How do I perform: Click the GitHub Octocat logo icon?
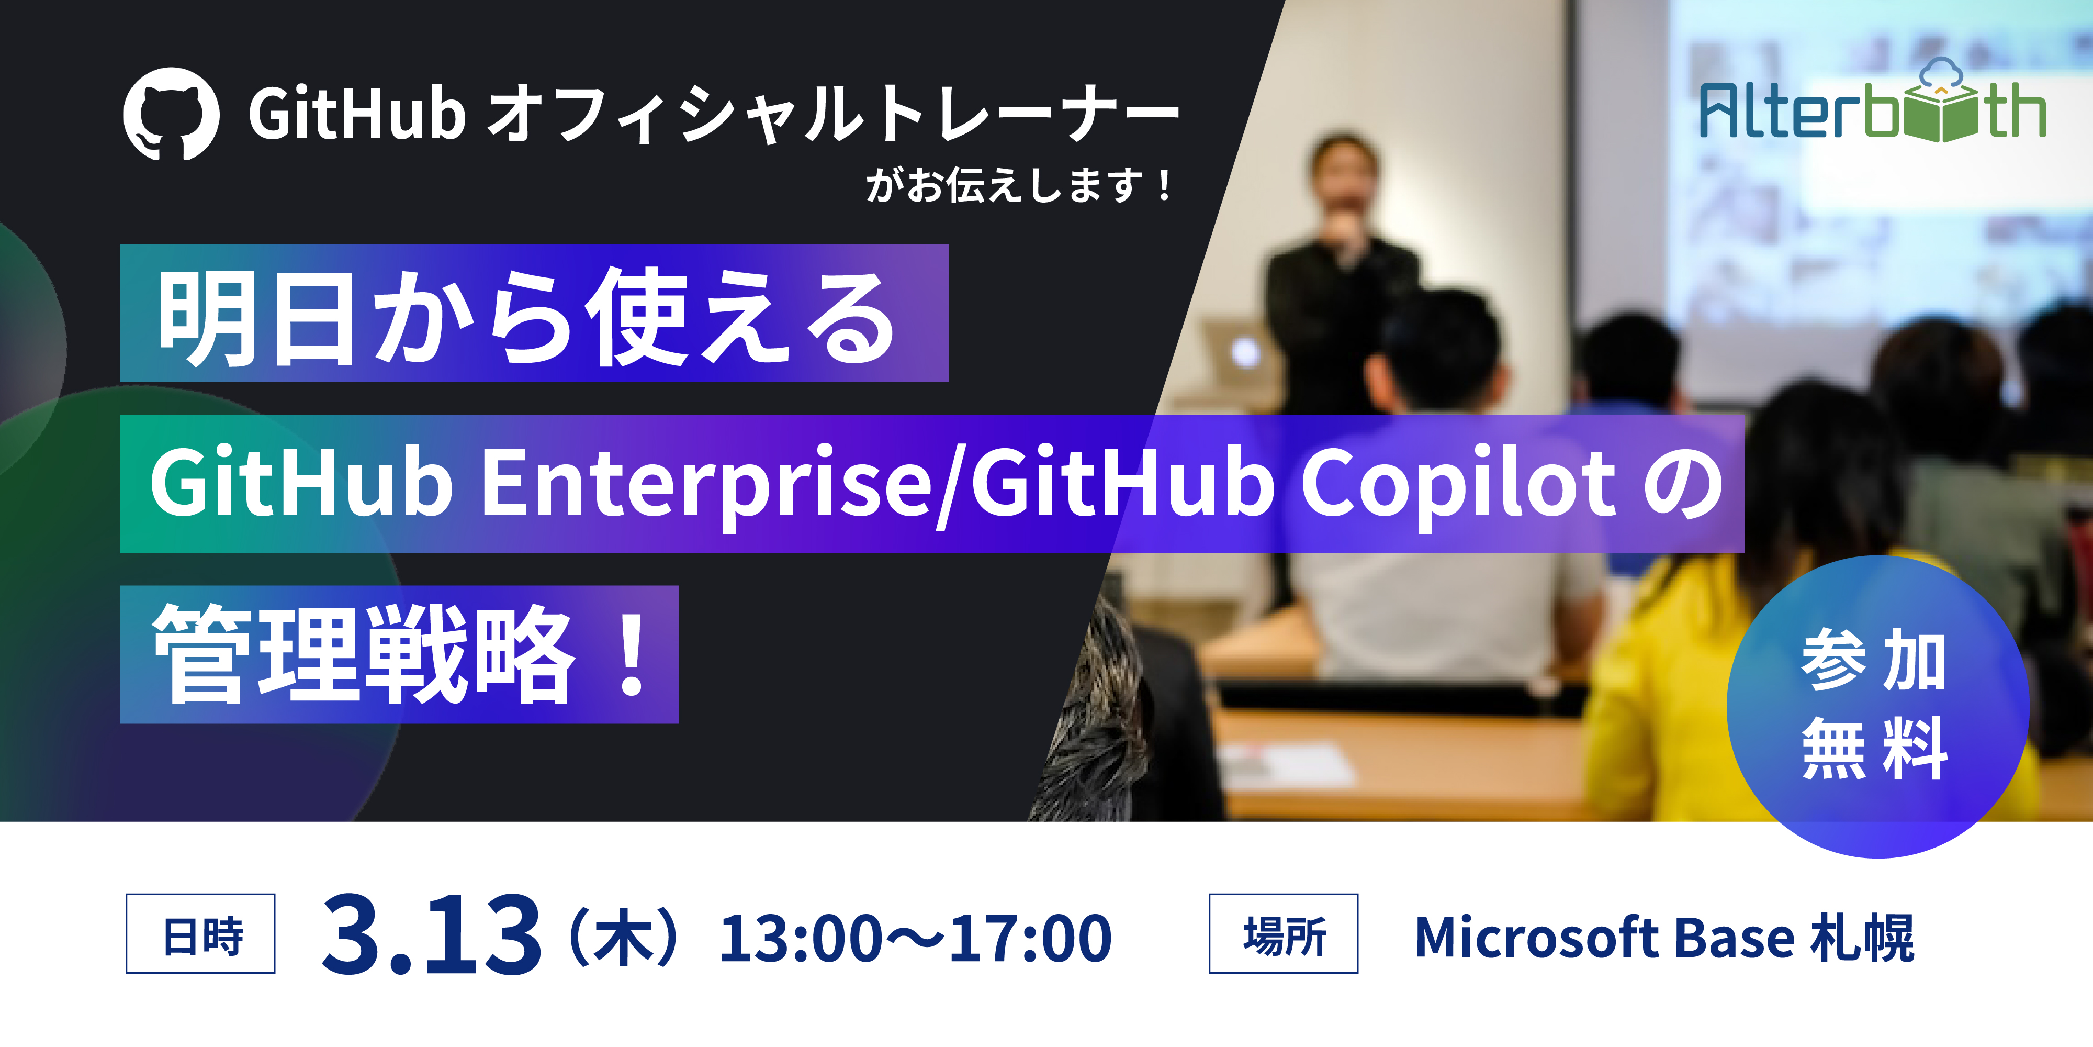click(x=172, y=114)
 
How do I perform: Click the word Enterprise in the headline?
click(x=707, y=484)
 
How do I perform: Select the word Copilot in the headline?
click(x=1458, y=484)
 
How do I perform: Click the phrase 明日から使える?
click(x=528, y=317)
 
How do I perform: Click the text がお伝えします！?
click(x=1020, y=185)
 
